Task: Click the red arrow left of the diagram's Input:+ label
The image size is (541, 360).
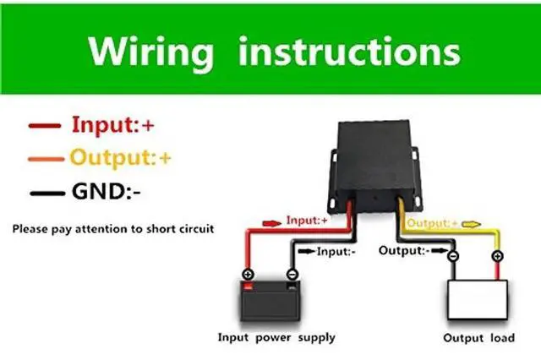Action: (270, 222)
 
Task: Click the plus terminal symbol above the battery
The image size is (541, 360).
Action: (248, 275)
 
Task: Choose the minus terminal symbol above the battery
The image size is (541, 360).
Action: (291, 274)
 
